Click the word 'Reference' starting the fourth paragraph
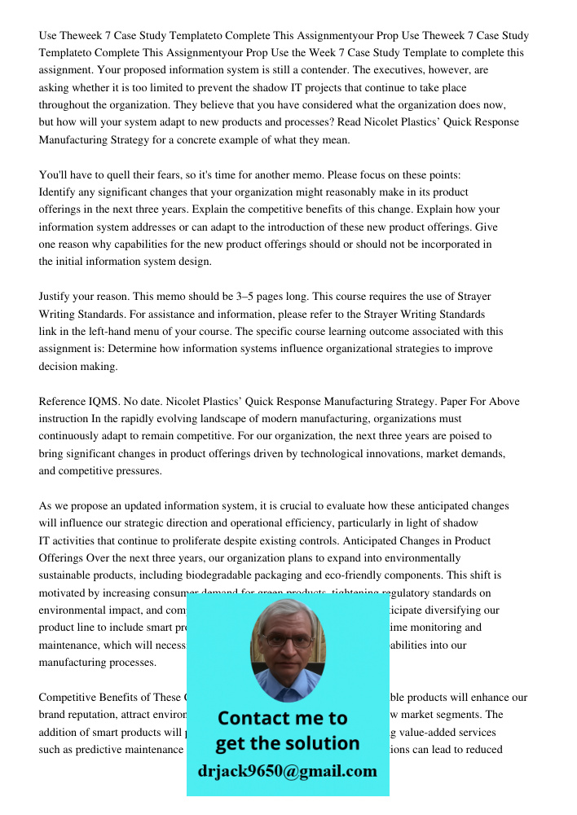coord(64,402)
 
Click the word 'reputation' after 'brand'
coord(99,715)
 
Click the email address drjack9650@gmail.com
coord(287,771)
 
